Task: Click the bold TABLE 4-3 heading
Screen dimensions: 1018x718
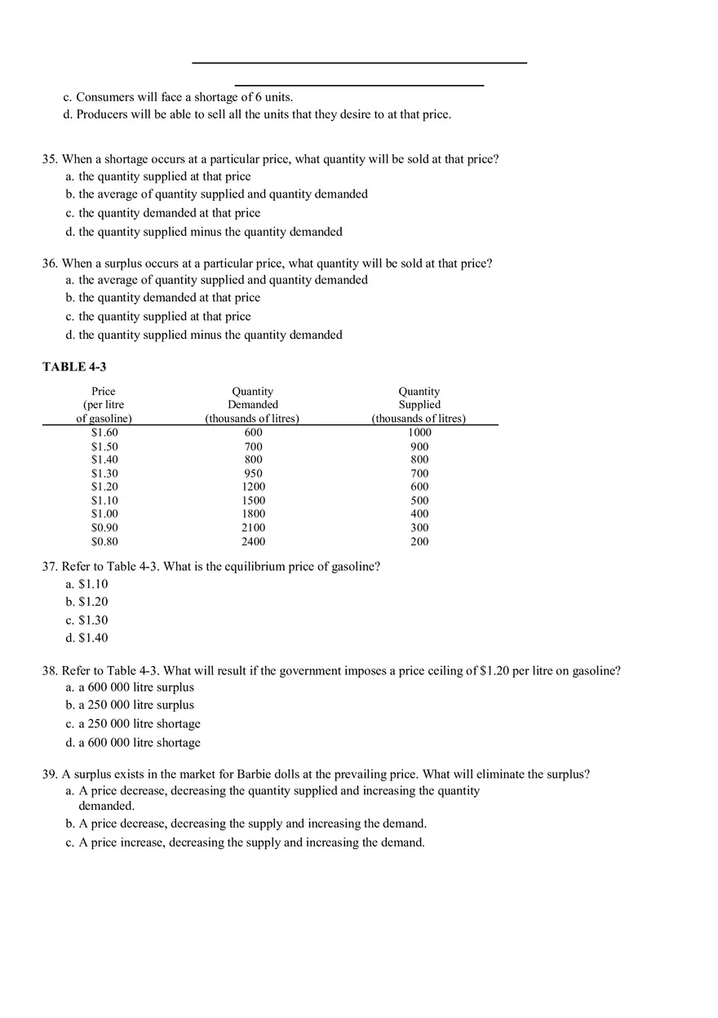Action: pos(74,367)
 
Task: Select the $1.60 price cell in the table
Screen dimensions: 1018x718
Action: pos(104,433)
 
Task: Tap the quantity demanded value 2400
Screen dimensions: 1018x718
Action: pos(253,541)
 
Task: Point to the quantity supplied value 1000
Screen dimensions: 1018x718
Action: pos(419,433)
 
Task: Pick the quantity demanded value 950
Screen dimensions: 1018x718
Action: pos(253,473)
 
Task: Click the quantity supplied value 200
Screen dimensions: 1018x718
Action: pos(419,541)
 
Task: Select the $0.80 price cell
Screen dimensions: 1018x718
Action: pos(104,541)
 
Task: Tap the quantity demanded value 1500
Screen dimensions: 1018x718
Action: pos(253,500)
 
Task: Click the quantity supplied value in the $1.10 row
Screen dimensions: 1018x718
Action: pos(419,500)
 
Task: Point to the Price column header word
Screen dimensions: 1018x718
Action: pos(104,392)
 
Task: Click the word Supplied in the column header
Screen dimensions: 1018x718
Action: pos(419,405)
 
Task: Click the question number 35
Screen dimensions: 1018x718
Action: pos(50,159)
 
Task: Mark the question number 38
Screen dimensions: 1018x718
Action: pos(50,671)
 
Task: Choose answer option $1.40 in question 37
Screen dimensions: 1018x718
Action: pos(93,638)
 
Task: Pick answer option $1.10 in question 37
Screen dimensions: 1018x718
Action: pos(93,585)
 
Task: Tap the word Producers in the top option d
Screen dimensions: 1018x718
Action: pos(102,114)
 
